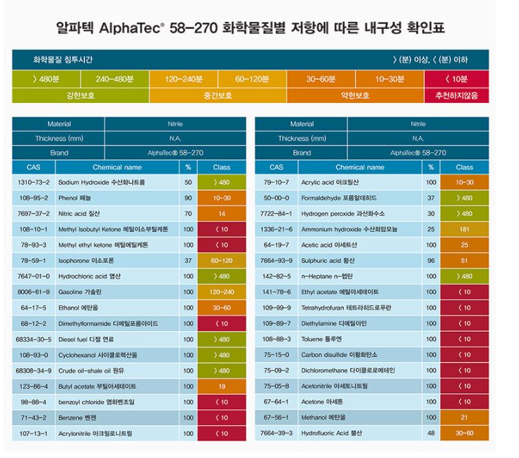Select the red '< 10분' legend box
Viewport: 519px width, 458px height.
point(457,80)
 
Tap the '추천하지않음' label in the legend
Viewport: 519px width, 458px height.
point(457,95)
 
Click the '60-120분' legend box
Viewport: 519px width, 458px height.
point(252,80)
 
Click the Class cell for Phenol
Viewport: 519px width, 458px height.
point(222,198)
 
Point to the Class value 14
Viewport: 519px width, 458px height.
point(222,214)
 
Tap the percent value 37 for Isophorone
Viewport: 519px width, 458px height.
point(188,261)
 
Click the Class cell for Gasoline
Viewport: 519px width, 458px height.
point(222,292)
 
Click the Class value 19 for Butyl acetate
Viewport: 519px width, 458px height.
point(222,386)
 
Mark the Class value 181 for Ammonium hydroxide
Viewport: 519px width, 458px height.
point(464,229)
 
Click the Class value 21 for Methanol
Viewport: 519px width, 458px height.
point(464,417)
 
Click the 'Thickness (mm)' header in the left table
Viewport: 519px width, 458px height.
point(59,139)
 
